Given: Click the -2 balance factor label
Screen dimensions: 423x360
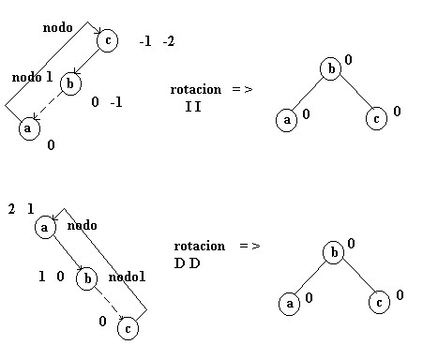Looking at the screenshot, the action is tap(169, 41).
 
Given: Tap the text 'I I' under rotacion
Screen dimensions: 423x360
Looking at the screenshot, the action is tap(193, 107).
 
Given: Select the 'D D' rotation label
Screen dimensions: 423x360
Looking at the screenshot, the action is tap(187, 263).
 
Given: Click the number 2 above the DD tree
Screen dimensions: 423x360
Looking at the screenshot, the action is tap(11, 209).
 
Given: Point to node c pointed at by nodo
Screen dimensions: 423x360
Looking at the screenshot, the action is tap(108, 40).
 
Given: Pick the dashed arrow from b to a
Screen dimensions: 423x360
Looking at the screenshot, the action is tap(48, 105).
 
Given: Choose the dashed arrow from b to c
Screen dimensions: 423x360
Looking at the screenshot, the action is tap(109, 304).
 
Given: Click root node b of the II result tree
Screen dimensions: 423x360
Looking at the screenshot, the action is tap(331, 68).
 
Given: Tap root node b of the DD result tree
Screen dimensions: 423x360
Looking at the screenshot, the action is tap(334, 252).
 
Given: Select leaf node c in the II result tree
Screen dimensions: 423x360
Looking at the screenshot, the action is tap(376, 118).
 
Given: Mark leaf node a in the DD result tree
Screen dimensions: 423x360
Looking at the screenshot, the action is tap(290, 304).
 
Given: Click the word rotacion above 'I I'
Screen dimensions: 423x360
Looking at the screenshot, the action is tap(196, 90).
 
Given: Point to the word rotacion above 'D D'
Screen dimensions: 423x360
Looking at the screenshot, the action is tap(200, 247).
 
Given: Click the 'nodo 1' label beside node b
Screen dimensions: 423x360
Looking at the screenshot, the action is tap(32, 77).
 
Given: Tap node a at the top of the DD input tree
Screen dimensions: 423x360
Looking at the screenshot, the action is tap(45, 227).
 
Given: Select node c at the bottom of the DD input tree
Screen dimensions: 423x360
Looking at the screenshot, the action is tap(128, 328).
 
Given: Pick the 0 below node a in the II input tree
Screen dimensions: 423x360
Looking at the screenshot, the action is tap(51, 145).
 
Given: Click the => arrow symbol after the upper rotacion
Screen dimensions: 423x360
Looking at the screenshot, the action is tap(242, 89).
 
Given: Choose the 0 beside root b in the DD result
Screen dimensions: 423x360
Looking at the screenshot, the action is tap(351, 244).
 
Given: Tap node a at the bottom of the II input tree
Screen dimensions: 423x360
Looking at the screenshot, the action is tap(29, 128).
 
